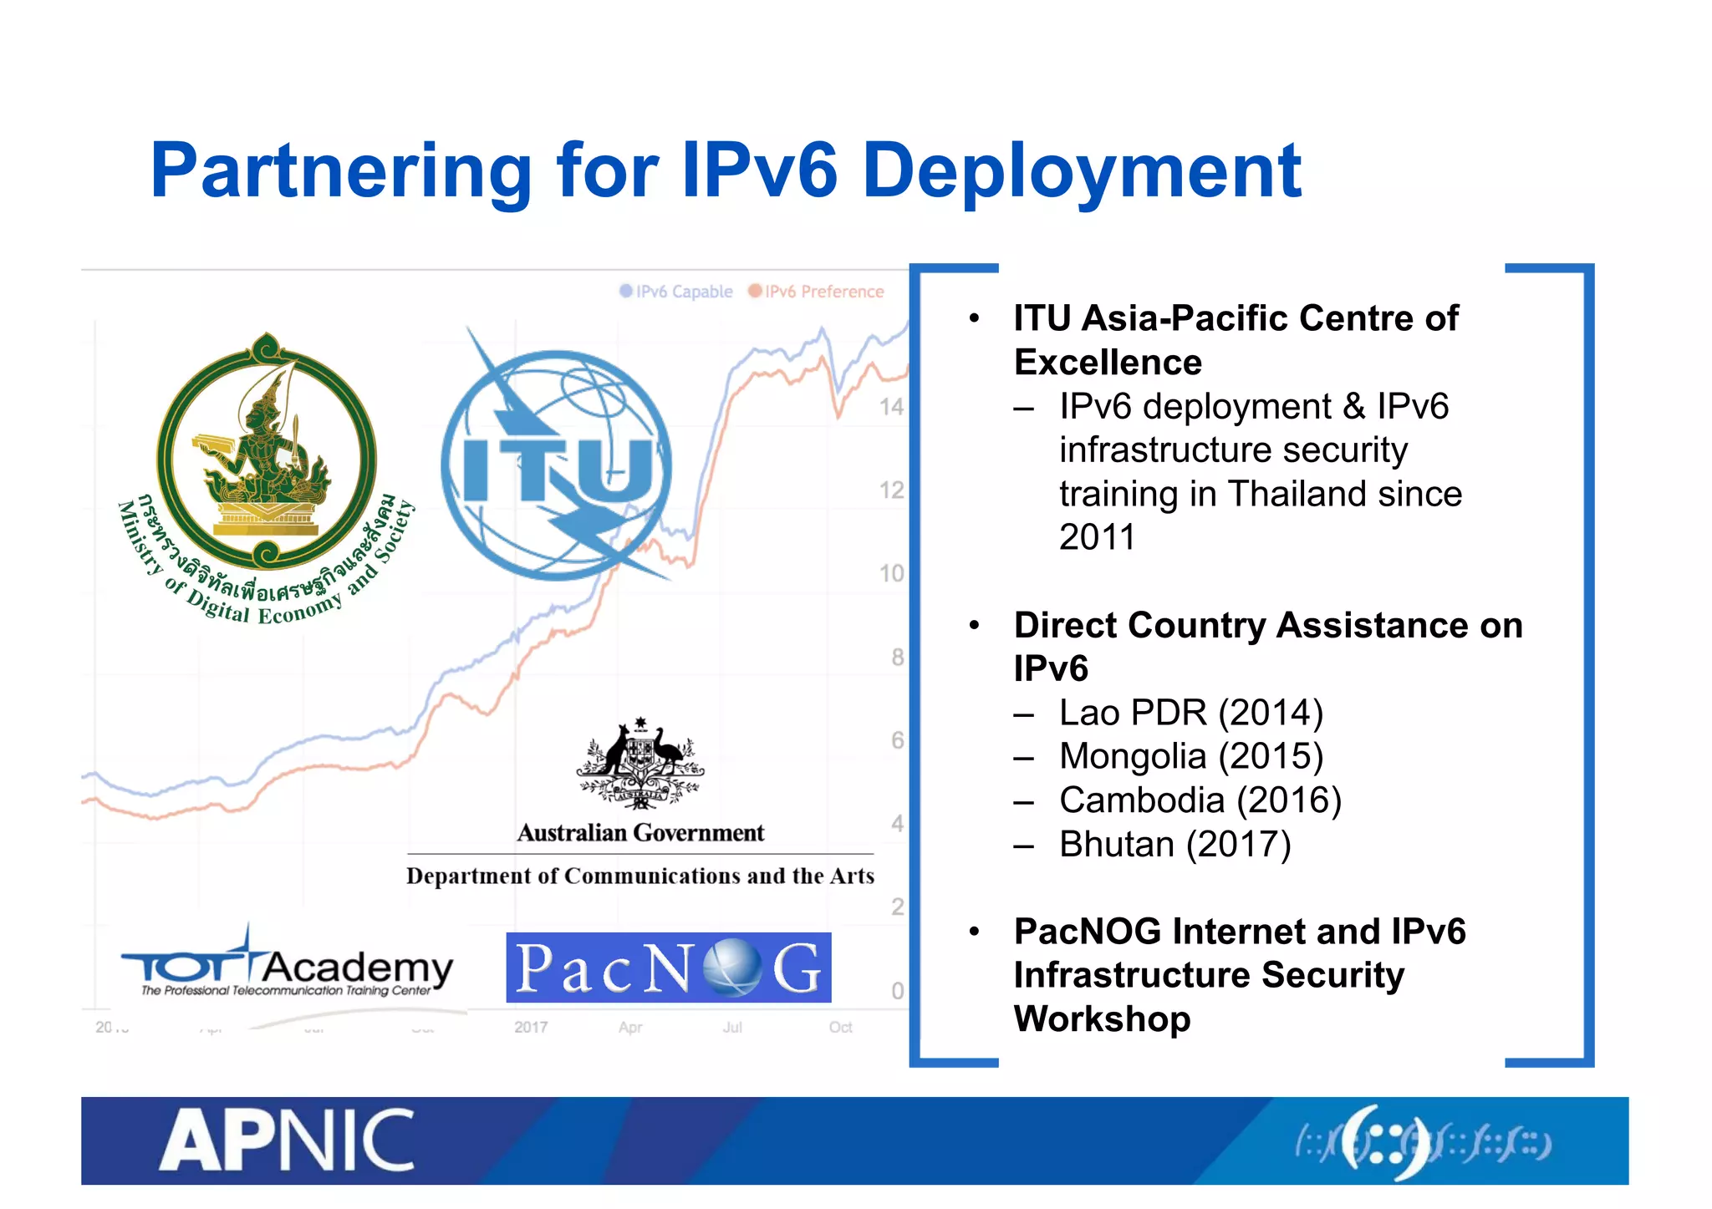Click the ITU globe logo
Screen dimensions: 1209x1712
556,465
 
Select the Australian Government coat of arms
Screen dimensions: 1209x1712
640,764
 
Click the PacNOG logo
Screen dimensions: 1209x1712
668,968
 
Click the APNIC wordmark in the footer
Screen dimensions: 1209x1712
287,1140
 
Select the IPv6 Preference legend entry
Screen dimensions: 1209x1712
816,292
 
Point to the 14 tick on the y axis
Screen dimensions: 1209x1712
891,408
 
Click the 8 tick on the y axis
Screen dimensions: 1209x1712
897,658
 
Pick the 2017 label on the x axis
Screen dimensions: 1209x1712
531,1027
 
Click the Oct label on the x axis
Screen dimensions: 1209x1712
840,1027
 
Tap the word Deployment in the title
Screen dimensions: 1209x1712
1081,171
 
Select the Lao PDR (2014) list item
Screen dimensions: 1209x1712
1191,713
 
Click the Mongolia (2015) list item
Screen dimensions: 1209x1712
1191,756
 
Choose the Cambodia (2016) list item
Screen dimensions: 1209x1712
1200,800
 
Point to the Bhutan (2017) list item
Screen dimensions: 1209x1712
1174,844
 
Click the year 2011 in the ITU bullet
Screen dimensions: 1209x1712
1097,537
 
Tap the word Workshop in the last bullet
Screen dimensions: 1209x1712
1102,1019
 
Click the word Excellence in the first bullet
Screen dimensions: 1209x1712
1108,363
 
